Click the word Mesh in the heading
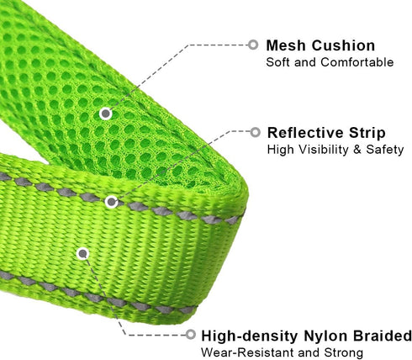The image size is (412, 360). pos(286,45)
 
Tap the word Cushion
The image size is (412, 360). pos(343,45)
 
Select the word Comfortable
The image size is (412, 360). pos(357,62)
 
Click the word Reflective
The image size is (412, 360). pos(305,133)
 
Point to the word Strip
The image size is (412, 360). pos(367,134)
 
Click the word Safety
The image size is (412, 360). pos(384,150)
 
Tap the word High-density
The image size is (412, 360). pos(250,336)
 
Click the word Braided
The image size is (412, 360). pos(382,336)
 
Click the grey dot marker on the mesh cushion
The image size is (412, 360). pos(106,114)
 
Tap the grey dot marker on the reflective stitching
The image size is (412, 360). pos(111,202)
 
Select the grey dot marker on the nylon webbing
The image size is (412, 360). pos(82,254)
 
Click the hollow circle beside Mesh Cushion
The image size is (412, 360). pos(253,45)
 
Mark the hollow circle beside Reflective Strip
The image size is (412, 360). pos(255,132)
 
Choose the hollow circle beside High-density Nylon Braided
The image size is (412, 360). pos(190,334)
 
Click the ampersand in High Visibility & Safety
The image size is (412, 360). pos(357,150)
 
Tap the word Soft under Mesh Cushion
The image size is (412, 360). pos(278,62)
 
